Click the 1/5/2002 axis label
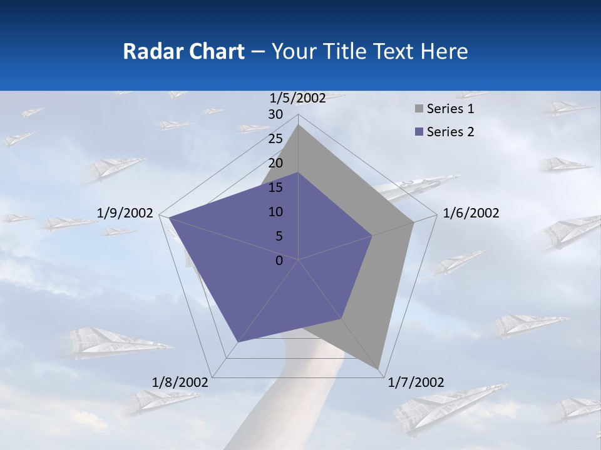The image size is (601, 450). coord(298,97)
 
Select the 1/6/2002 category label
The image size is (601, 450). coord(471,213)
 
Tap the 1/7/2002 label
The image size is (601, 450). coord(416,382)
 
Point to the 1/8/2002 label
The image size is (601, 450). coord(180,382)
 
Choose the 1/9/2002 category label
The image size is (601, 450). coord(125,213)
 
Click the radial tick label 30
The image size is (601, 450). coord(275,114)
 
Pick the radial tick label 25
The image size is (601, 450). coord(275,139)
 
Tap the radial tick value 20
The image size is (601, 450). coord(275,163)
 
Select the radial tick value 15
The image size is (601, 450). coord(275,187)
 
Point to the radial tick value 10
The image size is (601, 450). coord(275,212)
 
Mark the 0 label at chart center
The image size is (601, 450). coord(279,261)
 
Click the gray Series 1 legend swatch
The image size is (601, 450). coord(419,109)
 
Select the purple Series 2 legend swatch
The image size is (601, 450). coord(419,132)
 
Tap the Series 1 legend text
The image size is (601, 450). coord(450,109)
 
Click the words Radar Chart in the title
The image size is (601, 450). coord(183,51)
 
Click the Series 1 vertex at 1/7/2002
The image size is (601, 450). coord(379,369)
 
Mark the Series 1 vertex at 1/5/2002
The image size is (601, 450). coord(299,124)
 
